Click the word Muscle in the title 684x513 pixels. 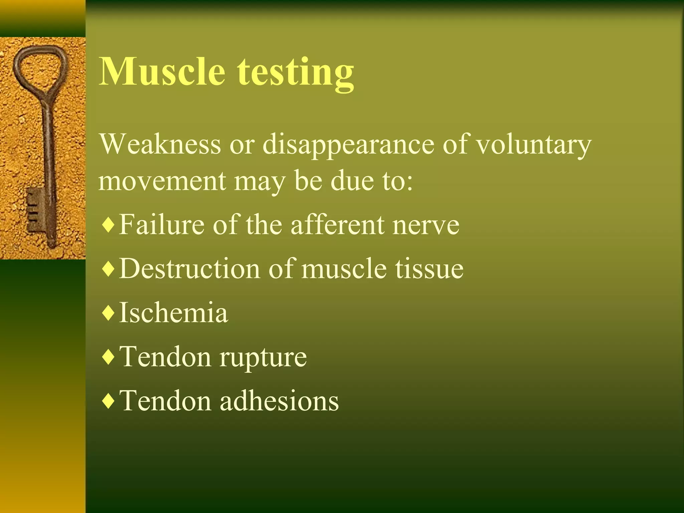(162, 72)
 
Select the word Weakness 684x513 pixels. (160, 144)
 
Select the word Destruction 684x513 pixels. (189, 269)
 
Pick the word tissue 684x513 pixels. (430, 269)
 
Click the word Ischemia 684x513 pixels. (173, 313)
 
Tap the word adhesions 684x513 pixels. (279, 400)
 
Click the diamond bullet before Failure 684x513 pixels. (108, 225)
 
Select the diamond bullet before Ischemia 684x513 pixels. (108, 313)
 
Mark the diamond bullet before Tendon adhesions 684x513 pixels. (108, 401)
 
